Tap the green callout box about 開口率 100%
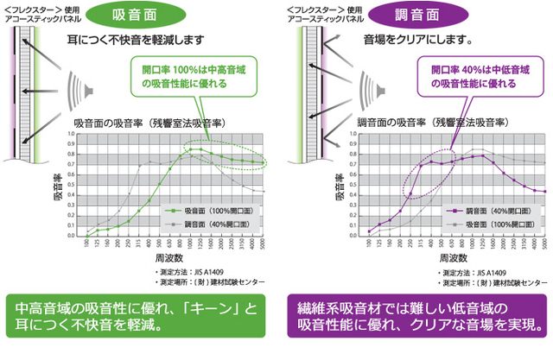181,78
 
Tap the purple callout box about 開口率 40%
463,78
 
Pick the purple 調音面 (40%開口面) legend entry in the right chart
486,210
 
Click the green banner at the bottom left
138,318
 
